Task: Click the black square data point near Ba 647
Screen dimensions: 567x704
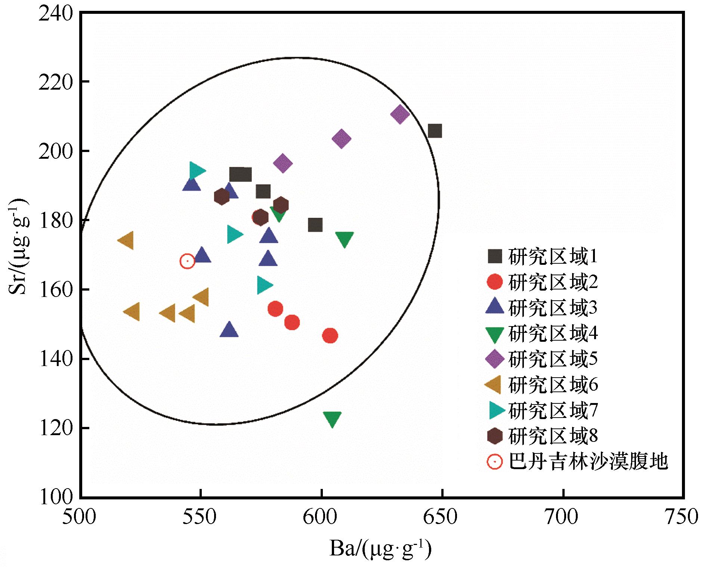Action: click(x=435, y=131)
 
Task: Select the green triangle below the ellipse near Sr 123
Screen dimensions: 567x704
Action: click(x=332, y=419)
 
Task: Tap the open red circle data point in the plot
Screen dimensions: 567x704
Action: click(x=187, y=261)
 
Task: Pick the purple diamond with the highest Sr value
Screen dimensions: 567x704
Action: click(x=400, y=114)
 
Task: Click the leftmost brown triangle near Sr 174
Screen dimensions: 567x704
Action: click(x=126, y=240)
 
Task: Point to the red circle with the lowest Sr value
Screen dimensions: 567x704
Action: click(x=330, y=336)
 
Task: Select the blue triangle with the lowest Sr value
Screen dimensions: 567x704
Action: click(x=229, y=330)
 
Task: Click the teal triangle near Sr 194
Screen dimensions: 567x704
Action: click(x=197, y=171)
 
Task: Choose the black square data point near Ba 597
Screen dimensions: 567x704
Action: click(x=315, y=225)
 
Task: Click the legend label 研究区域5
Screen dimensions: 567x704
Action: click(x=553, y=359)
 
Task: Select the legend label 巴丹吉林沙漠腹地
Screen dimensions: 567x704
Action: click(x=588, y=462)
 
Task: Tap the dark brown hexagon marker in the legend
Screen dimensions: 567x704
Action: click(x=495, y=436)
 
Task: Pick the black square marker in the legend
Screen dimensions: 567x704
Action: click(x=495, y=257)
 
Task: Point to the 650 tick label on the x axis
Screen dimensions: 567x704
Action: click(x=442, y=517)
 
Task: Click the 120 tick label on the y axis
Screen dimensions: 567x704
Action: click(x=55, y=428)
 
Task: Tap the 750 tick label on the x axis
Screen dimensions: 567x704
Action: click(x=683, y=517)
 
